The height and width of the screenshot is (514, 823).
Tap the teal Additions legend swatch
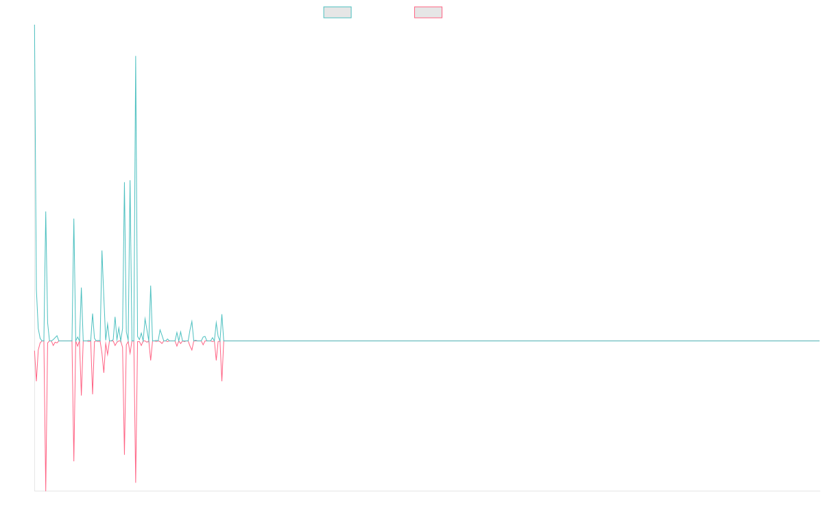(x=337, y=12)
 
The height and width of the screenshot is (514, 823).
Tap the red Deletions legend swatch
(x=428, y=12)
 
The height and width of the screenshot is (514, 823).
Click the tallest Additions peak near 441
(x=136, y=56)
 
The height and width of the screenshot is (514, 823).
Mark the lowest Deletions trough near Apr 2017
(x=46, y=490)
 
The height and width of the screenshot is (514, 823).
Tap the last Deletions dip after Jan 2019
(x=222, y=381)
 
